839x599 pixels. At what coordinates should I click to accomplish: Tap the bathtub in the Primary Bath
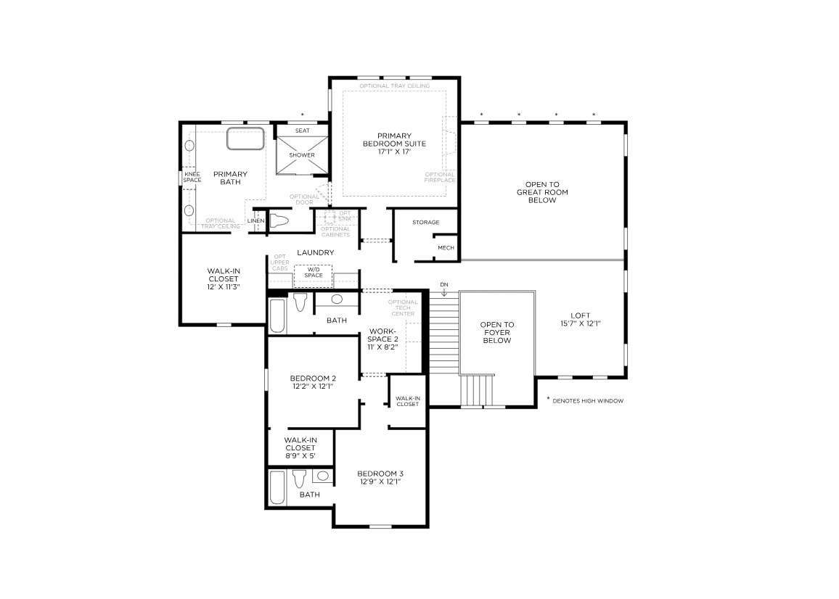(246, 139)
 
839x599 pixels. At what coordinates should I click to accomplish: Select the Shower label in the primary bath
(302, 155)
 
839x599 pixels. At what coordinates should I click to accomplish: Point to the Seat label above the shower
(302, 131)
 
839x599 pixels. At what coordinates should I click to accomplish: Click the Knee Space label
(192, 177)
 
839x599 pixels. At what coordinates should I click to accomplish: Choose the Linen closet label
(255, 220)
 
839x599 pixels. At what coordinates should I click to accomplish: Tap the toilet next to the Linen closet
(279, 220)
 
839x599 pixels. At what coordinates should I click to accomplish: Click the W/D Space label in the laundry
(314, 272)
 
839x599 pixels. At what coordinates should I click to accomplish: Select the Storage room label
(425, 222)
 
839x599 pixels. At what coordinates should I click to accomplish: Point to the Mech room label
(445, 248)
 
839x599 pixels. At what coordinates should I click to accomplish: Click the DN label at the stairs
(443, 284)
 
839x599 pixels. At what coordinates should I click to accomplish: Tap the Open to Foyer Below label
(497, 332)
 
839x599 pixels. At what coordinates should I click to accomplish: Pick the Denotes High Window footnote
(586, 400)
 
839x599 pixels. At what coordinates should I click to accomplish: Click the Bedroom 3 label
(380, 477)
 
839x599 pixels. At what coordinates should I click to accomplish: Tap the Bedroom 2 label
(313, 381)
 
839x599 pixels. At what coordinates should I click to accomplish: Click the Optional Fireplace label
(440, 178)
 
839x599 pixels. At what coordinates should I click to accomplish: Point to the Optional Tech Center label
(402, 307)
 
